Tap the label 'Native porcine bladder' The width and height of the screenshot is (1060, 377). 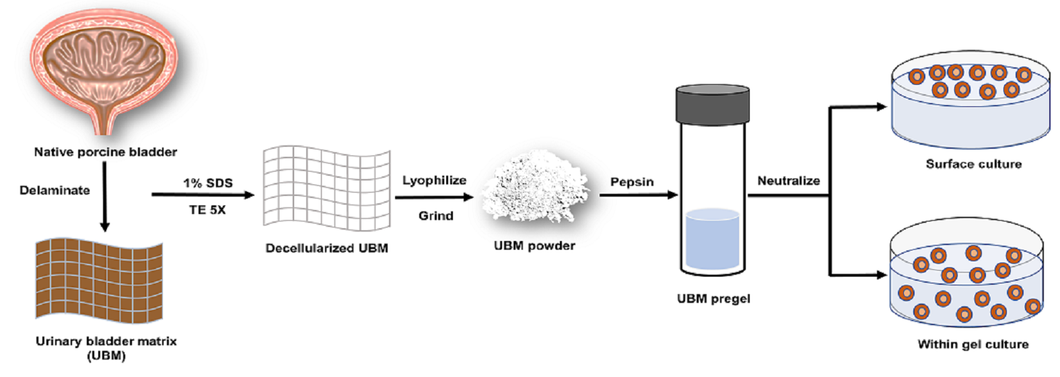(106, 152)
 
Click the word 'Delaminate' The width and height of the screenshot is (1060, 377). (55, 191)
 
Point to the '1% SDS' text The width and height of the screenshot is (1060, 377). (207, 183)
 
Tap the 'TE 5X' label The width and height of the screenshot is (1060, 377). (207, 210)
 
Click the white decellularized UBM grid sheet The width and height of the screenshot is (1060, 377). (326, 188)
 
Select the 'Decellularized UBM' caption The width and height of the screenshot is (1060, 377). (326, 248)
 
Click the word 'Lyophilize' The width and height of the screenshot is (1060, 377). (434, 180)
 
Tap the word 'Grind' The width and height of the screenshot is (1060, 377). (435, 216)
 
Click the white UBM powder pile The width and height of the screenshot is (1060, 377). (535, 188)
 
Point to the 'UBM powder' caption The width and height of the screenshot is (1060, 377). (534, 246)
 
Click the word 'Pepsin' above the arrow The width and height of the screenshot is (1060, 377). (631, 182)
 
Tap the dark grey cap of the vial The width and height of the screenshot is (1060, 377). (712, 104)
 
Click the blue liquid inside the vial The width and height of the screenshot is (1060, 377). (712, 240)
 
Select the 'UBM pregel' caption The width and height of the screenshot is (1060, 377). (713, 298)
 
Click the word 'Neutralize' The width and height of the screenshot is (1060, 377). (788, 180)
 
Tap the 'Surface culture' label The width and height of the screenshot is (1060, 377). (973, 164)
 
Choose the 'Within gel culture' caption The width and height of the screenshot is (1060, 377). (973, 344)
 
